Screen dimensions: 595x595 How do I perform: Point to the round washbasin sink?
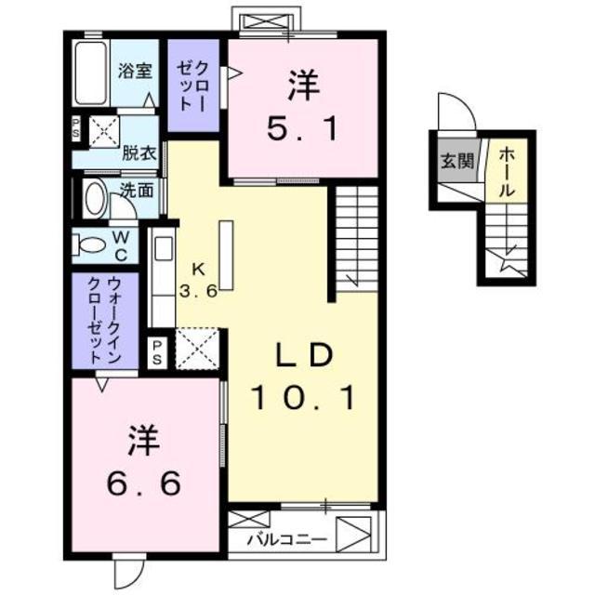(95, 199)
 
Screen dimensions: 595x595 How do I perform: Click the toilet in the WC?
(92, 246)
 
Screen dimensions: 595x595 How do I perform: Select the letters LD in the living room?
(304, 356)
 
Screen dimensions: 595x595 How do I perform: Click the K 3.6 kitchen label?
(198, 279)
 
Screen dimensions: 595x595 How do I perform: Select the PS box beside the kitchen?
(158, 352)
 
